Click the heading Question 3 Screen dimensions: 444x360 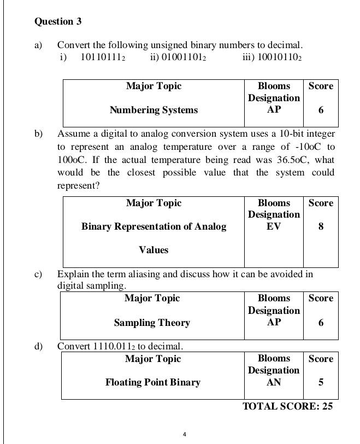pos(58,21)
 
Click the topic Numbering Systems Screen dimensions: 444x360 pos(154,110)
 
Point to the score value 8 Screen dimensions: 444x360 pos(321,226)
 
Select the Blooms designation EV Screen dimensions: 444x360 pos(274,226)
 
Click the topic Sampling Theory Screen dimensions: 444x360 pos(152,323)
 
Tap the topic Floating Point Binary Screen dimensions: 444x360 pos(153,382)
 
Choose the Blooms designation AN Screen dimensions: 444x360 pos(274,382)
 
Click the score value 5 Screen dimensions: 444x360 pos(321,382)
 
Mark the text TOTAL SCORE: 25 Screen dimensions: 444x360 pos(287,406)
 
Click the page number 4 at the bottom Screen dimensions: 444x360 pos(185,435)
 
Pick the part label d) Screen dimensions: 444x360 pos(39,346)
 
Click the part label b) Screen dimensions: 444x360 pos(39,133)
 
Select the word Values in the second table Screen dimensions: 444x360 pos(154,250)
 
